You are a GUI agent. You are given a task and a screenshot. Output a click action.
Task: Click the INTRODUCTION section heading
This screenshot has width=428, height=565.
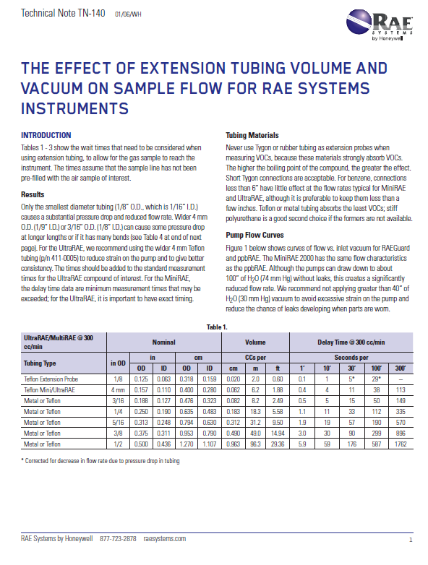[x=46, y=136]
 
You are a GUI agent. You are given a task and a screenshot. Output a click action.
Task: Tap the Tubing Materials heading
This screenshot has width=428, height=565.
[x=249, y=136]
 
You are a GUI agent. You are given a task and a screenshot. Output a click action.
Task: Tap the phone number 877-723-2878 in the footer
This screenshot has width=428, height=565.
[x=119, y=539]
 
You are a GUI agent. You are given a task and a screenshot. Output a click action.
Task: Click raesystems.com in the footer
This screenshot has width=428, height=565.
[x=165, y=539]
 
